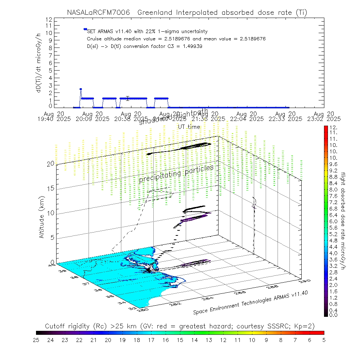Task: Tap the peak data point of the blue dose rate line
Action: tap(81, 89)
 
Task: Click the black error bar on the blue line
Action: tap(127, 98)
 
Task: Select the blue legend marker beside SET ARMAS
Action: tap(85, 29)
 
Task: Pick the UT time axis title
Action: tap(189, 127)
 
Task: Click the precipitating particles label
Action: tap(176, 174)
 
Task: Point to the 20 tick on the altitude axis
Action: tap(50, 164)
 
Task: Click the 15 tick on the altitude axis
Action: tap(50, 188)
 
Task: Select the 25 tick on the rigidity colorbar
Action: tap(36, 339)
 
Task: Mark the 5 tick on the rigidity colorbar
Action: tap(323, 339)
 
